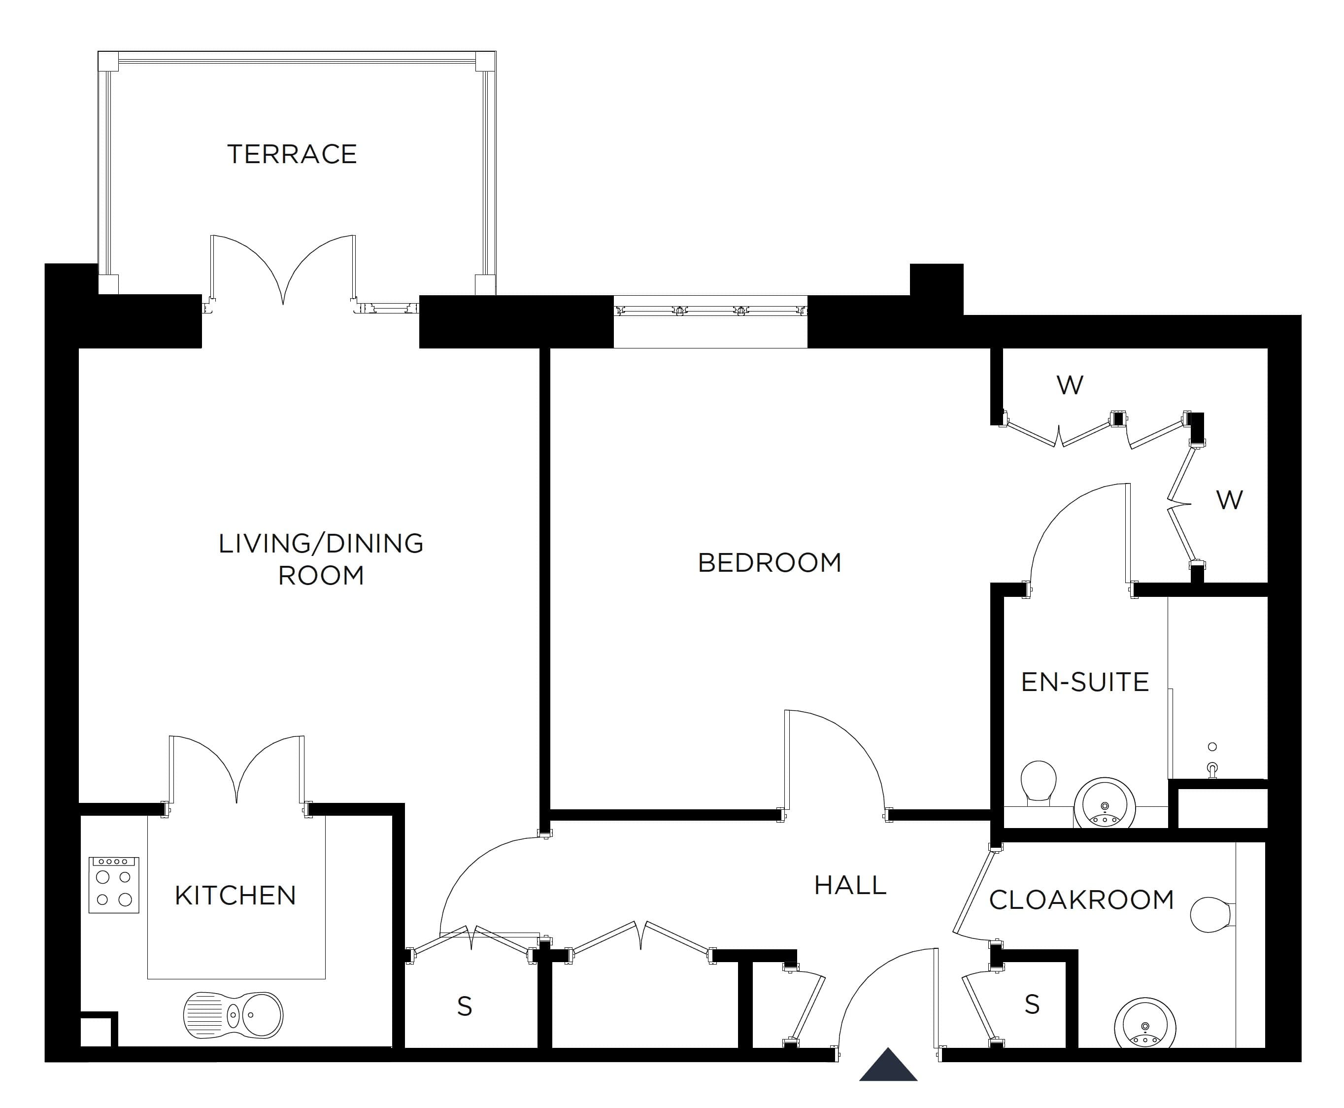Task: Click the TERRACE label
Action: [x=292, y=154]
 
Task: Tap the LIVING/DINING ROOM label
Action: [x=321, y=559]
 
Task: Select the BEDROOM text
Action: [x=769, y=563]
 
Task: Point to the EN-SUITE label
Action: [x=1084, y=682]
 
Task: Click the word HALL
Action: [x=850, y=885]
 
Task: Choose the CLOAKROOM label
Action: [x=1081, y=900]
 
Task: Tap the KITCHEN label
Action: [x=235, y=896]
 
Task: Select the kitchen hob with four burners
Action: [x=113, y=885]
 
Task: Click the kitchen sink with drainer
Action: [x=233, y=1015]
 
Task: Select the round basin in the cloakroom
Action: [x=1145, y=1028]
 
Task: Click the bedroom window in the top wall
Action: [x=710, y=312]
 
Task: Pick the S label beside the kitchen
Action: [x=465, y=1007]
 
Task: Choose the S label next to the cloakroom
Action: [x=1032, y=1004]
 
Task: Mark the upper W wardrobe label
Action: [x=1070, y=385]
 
